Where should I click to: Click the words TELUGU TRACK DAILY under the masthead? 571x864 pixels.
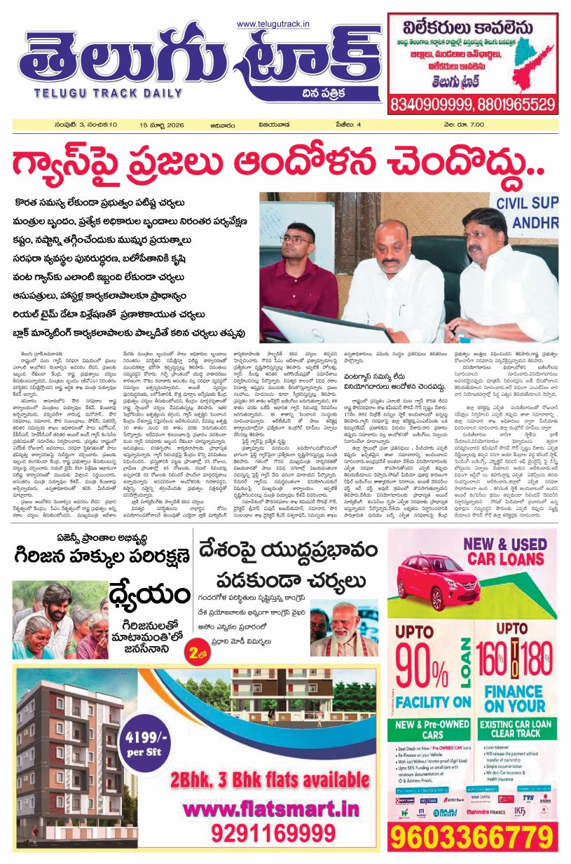83,92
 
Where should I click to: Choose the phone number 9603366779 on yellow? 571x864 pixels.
473,837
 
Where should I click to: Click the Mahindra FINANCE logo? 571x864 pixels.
496,809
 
